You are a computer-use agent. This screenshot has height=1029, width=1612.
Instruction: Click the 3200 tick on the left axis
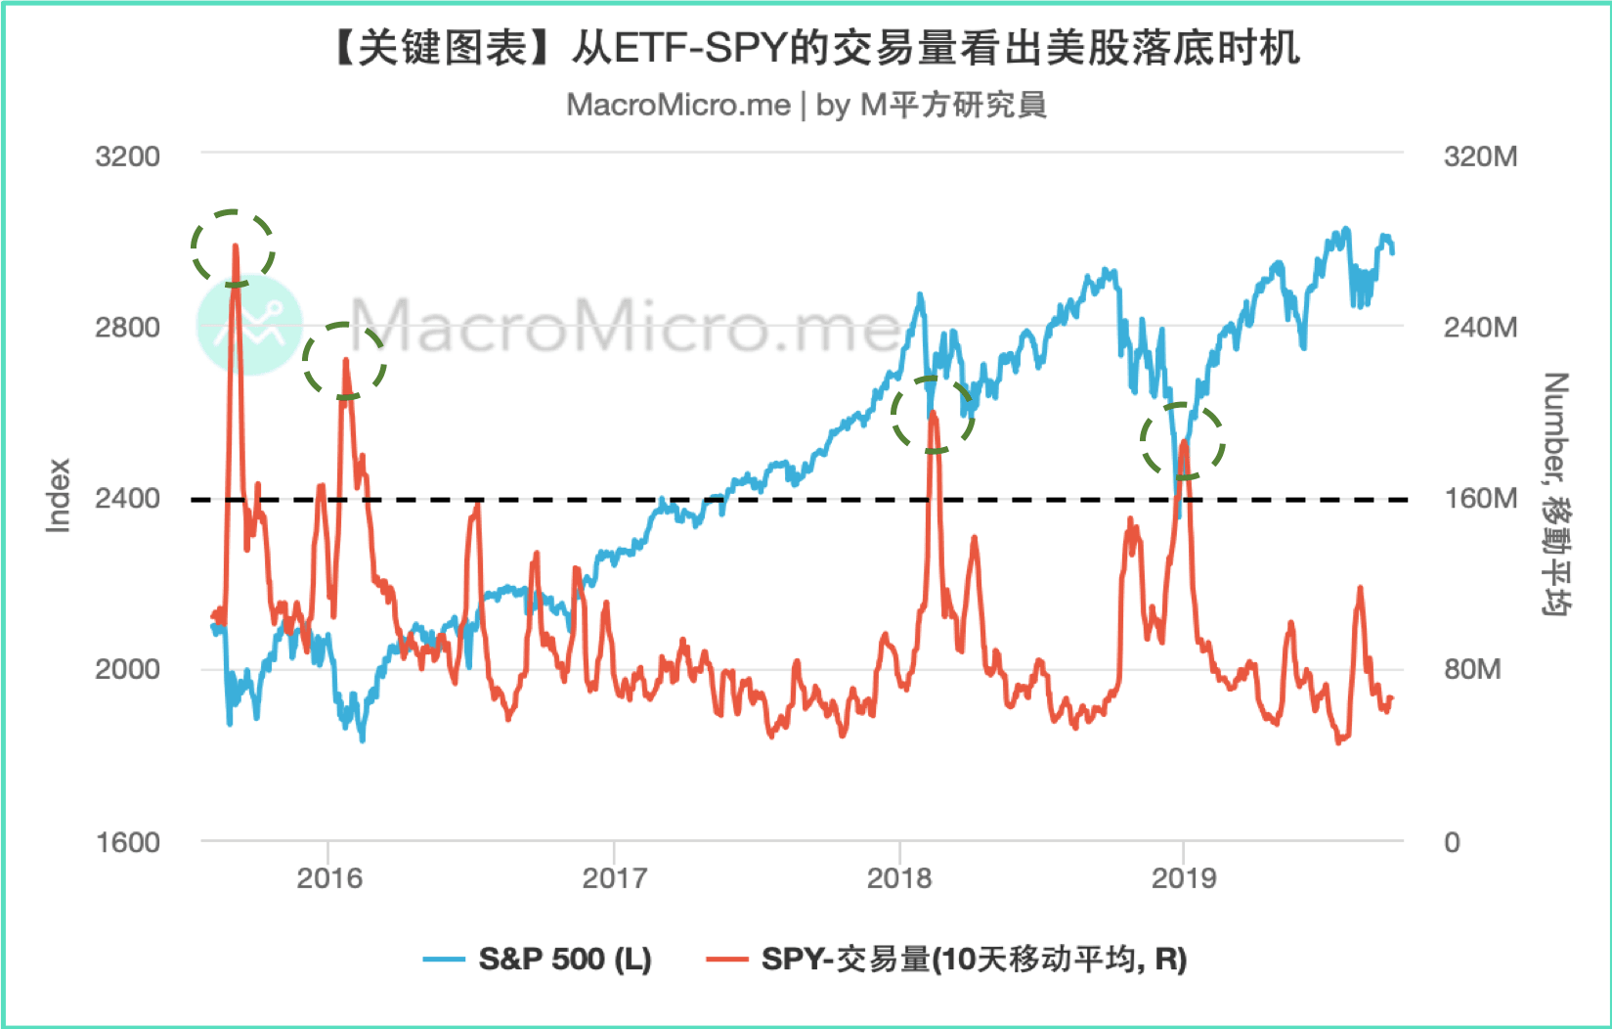(x=127, y=157)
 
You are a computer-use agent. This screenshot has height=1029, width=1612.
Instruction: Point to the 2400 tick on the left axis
(x=127, y=498)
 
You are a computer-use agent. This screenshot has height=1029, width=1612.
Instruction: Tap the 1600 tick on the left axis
(x=127, y=842)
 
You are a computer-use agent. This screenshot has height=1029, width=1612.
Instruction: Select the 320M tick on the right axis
(x=1480, y=157)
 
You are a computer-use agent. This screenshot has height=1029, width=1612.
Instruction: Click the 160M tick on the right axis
(x=1480, y=498)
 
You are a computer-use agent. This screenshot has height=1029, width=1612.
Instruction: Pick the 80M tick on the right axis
(x=1472, y=669)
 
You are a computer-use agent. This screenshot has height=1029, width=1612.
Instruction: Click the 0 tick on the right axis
(x=1452, y=842)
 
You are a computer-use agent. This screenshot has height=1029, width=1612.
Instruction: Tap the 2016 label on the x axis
(x=329, y=877)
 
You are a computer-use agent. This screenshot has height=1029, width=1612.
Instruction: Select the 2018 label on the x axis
(x=899, y=877)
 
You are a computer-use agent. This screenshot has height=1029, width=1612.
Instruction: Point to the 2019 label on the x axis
(x=1184, y=877)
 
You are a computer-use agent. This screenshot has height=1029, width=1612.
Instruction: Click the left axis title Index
(x=59, y=496)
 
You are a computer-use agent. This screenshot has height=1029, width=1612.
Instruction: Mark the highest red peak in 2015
(x=235, y=247)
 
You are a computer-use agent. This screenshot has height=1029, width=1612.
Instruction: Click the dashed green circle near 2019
(x=1183, y=441)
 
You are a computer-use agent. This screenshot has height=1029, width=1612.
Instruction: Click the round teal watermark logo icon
(x=249, y=324)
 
